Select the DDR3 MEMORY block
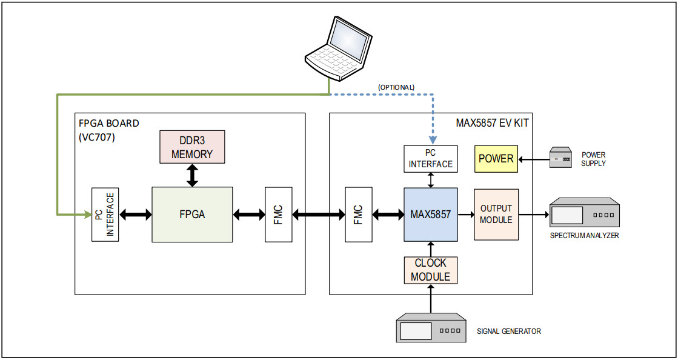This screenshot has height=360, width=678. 192,146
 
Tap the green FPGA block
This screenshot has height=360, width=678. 192,214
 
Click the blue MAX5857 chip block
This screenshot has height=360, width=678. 430,214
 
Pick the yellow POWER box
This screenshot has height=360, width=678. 496,159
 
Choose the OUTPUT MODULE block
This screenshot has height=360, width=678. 496,214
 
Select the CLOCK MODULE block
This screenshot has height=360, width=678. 430,270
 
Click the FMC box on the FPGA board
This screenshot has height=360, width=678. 278,214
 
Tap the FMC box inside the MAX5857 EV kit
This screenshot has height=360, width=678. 357,214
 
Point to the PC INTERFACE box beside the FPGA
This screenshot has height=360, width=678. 105,214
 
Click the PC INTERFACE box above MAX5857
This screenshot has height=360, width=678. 430,159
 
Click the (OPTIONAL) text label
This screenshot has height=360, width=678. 396,87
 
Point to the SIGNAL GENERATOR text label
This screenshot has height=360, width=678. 508,331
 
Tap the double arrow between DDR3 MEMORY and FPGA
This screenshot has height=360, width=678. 192,175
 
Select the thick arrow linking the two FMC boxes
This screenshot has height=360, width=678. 318,214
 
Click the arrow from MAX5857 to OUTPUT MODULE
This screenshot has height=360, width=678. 465,214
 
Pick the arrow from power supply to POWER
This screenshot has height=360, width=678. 532,159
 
